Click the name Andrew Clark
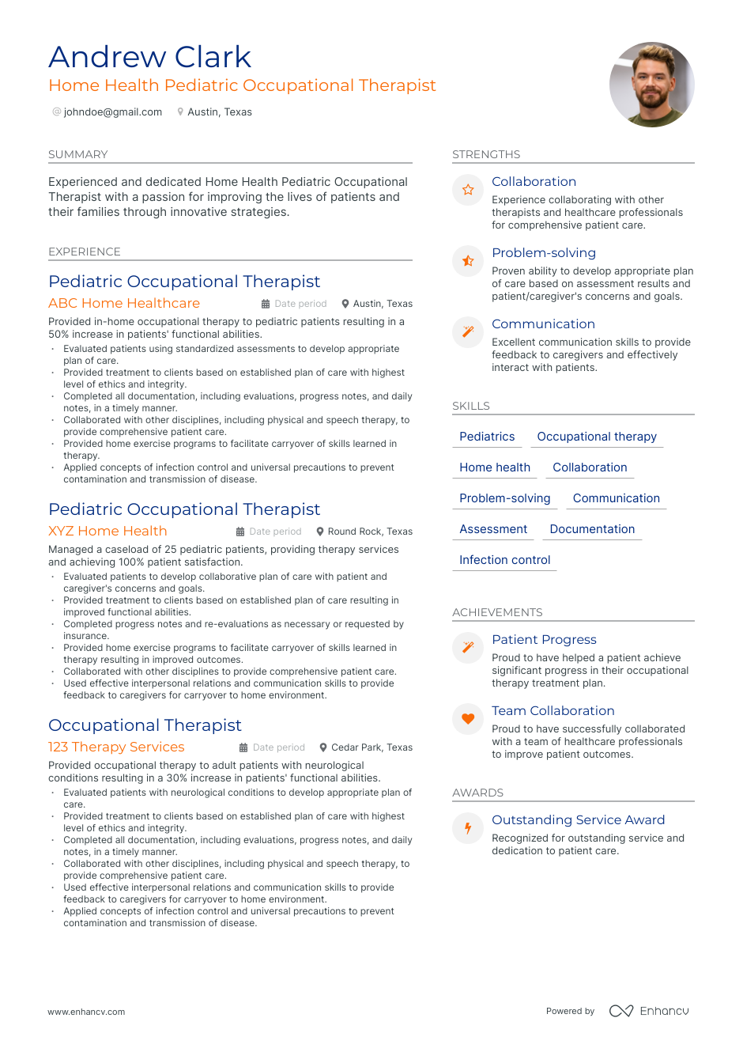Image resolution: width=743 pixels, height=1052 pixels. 149,57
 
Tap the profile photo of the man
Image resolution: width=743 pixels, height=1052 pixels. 651,85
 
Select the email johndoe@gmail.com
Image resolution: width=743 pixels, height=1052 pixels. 112,112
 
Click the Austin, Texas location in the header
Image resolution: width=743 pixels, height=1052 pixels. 219,112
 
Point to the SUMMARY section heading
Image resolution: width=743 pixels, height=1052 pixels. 77,154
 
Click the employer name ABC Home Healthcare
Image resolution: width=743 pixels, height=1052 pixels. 124,303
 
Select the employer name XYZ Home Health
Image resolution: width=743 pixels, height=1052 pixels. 107,531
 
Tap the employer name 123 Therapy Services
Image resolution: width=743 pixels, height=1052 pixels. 116,747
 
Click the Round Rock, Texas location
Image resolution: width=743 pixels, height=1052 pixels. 369,532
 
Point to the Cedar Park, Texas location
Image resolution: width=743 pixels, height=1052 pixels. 371,747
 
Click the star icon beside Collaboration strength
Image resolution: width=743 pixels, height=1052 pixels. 468,190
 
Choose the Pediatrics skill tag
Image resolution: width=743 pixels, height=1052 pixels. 487,437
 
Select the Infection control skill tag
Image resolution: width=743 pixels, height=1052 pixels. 504,560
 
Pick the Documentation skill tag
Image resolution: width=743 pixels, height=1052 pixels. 592,529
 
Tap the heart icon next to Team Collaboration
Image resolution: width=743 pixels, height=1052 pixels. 468,719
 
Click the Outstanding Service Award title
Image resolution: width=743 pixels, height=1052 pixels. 578,819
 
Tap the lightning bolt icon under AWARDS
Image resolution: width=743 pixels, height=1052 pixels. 468,828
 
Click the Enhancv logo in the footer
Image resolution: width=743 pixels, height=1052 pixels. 649,1011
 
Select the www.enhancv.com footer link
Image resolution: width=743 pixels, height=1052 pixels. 86,1012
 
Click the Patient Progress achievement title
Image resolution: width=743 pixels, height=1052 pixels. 544,639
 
